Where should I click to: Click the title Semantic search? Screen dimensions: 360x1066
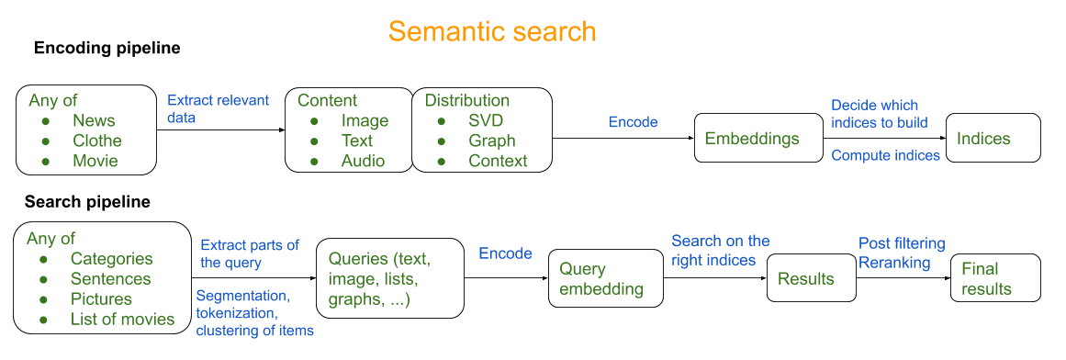point(492,31)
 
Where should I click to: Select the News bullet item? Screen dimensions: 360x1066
point(94,121)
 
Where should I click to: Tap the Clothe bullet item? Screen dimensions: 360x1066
point(97,141)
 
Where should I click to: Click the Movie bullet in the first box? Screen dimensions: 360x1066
point(95,162)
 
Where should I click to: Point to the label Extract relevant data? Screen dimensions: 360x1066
point(218,109)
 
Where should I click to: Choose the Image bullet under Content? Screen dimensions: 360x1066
point(365,121)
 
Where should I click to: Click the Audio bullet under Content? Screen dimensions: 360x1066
point(363,162)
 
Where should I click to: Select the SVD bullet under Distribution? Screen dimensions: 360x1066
point(486,121)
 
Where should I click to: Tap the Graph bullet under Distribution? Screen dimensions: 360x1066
point(492,141)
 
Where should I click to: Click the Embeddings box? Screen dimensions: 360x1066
point(758,139)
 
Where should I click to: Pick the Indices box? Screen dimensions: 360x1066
point(993,139)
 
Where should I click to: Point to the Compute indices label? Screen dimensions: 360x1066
point(885,156)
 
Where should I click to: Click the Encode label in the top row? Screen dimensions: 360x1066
point(633,122)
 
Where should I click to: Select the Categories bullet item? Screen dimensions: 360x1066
point(111,259)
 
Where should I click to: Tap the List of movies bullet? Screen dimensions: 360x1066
point(122,320)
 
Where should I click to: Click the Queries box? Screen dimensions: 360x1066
point(388,279)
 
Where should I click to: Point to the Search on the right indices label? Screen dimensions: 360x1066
point(720,251)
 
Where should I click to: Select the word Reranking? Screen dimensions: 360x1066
point(894,264)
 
